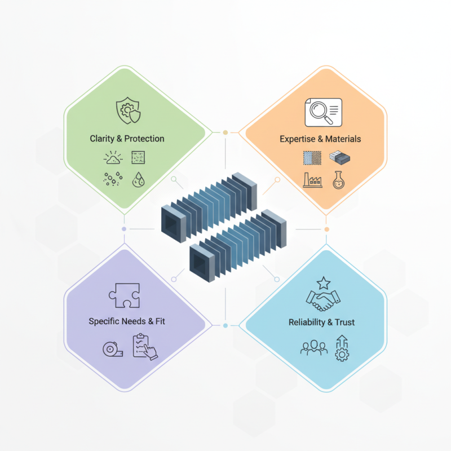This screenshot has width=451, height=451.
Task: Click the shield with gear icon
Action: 129,110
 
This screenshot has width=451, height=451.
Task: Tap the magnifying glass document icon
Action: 323,112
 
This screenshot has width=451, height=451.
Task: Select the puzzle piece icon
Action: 124,295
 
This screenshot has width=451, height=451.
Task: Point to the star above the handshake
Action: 323,283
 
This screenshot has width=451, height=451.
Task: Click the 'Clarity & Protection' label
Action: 127,139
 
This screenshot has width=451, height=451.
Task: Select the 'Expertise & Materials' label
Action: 320,139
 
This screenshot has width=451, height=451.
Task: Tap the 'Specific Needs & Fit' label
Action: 127,321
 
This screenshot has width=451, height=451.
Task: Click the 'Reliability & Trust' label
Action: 321,322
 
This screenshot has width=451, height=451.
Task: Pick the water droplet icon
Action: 138,180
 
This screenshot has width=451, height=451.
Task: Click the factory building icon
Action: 313,180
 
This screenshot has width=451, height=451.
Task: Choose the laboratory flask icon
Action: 339,180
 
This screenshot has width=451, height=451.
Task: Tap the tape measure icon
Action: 113,349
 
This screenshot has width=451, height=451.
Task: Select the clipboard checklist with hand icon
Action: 145,347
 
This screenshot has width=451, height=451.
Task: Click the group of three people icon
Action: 314,347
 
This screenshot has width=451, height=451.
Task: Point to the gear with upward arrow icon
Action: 342,348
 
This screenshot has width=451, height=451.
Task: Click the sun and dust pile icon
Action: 113,158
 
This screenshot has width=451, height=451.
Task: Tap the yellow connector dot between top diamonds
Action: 225,132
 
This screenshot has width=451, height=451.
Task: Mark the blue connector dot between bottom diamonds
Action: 225,326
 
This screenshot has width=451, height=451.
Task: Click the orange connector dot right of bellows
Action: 327,229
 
